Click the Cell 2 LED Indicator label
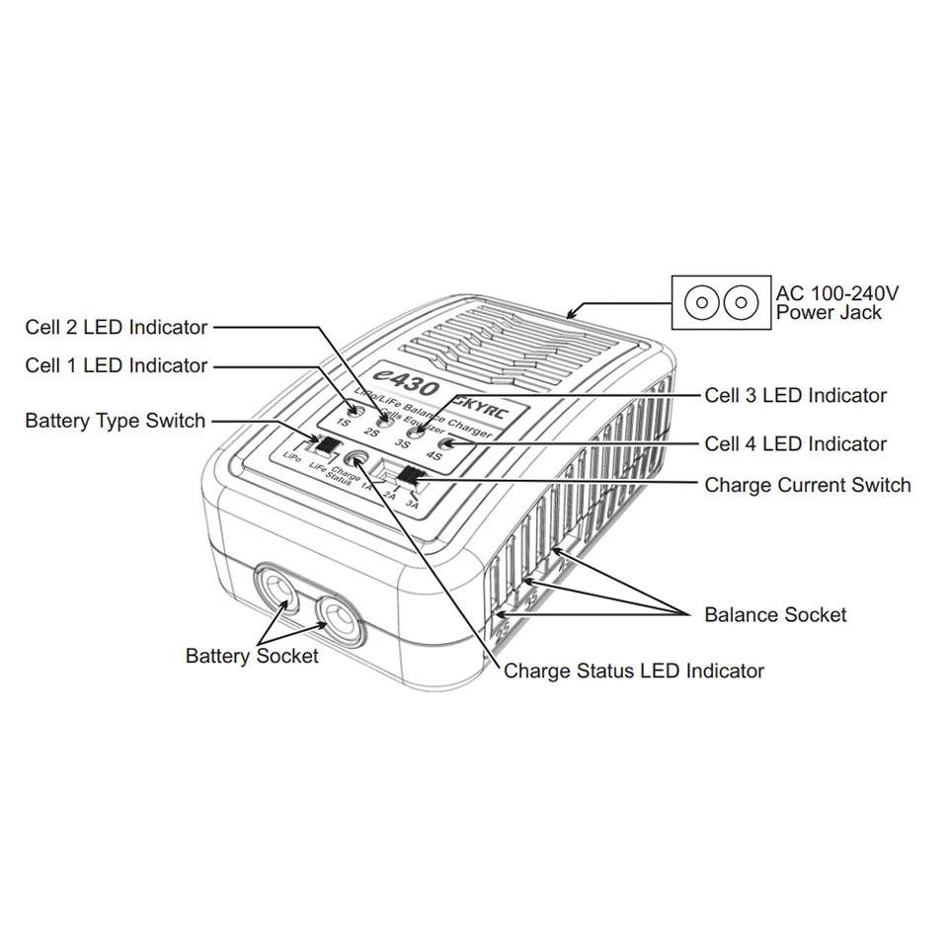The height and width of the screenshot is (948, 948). (x=117, y=327)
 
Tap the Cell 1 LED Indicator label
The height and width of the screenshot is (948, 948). (x=117, y=365)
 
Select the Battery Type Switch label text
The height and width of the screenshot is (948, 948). (x=116, y=421)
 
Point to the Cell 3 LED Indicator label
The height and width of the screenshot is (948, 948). (x=795, y=395)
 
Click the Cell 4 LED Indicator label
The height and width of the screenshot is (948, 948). (x=795, y=444)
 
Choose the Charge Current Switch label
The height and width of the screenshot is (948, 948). (x=808, y=485)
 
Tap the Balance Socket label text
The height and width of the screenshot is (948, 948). (x=775, y=614)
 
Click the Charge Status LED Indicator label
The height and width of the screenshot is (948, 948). (x=634, y=671)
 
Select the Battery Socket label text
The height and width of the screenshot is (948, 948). (x=252, y=656)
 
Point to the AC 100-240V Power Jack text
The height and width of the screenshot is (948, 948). (x=837, y=302)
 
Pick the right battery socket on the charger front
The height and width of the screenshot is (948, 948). (x=337, y=620)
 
